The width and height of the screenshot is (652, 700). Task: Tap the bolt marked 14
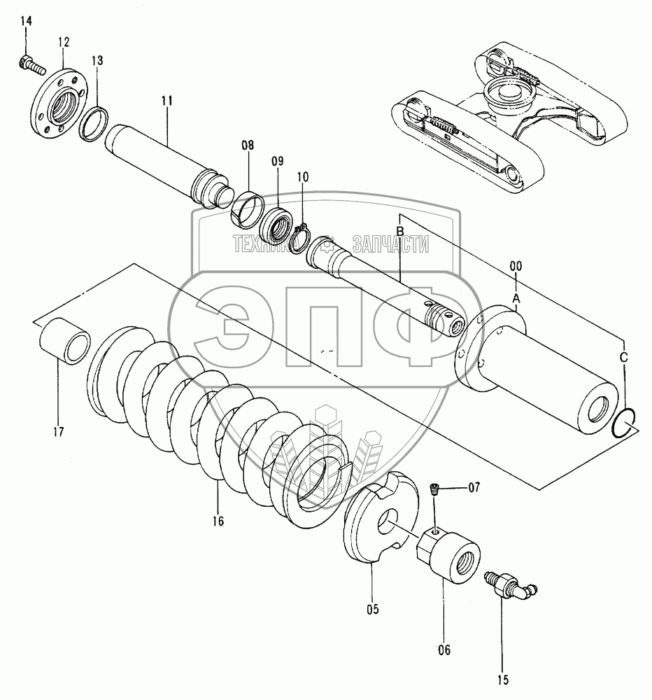32,65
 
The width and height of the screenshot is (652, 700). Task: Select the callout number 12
64,43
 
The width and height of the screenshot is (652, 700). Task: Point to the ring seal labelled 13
93,125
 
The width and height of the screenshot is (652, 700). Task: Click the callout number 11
167,100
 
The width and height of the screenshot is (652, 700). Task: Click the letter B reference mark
400,231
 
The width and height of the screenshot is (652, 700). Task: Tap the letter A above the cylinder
516,297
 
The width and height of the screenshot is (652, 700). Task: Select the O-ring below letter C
625,421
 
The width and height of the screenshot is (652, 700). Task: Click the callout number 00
516,266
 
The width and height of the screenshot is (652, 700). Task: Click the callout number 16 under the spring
218,521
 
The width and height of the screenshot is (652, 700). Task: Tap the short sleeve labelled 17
65,341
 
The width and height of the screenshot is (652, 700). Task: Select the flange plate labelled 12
57,102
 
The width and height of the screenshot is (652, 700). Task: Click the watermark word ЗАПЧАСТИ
391,244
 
